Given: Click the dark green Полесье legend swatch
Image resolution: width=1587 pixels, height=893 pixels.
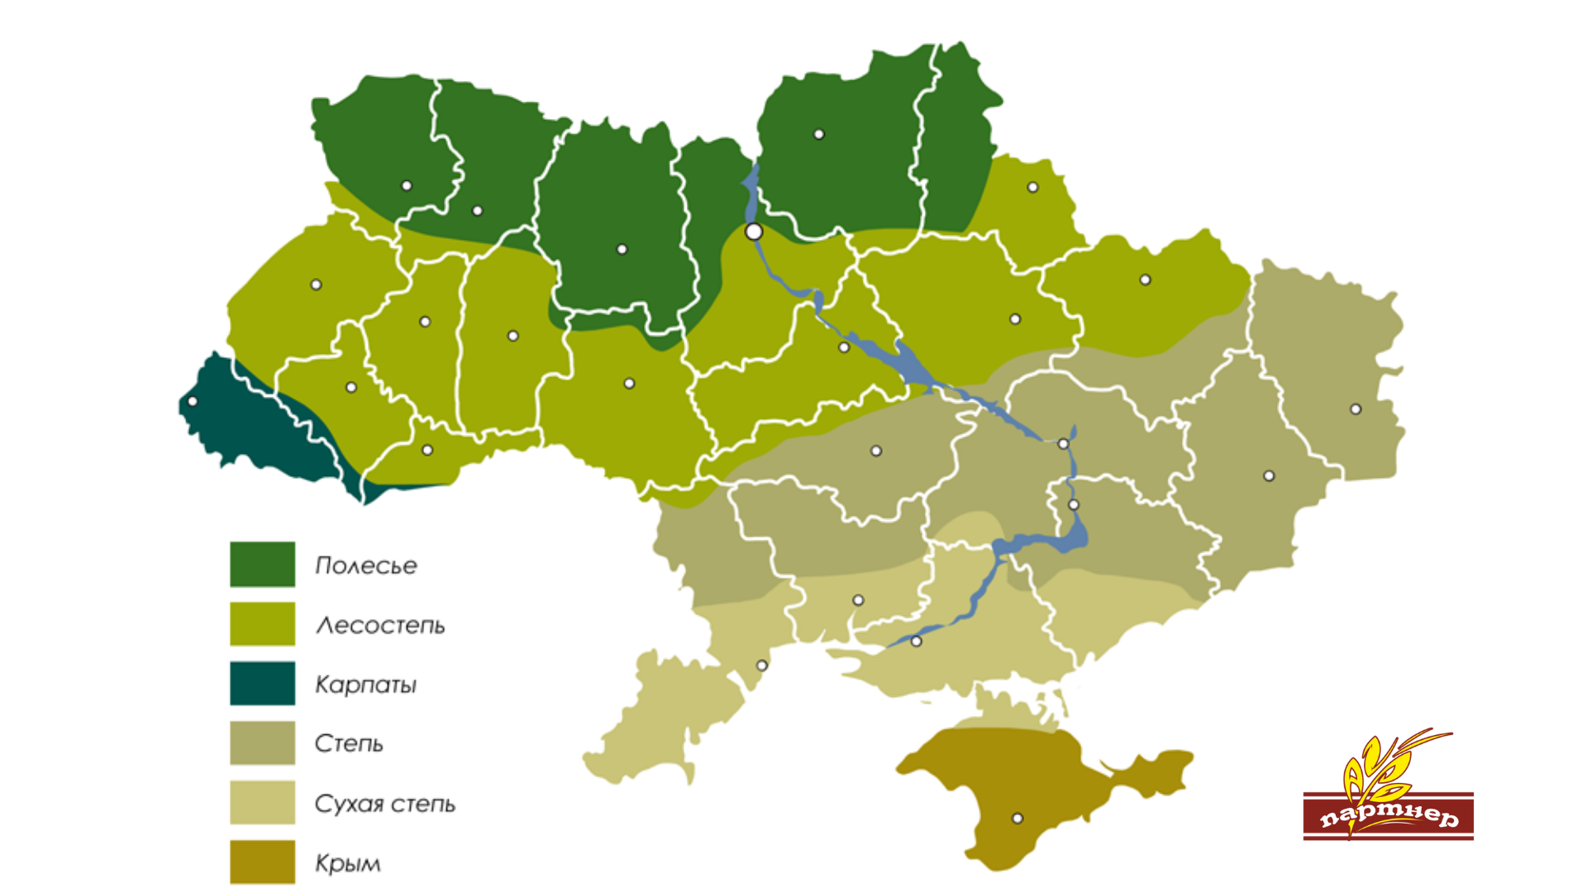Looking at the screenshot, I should click(262, 564).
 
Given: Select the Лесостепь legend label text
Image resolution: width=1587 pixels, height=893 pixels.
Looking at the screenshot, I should click(380, 625).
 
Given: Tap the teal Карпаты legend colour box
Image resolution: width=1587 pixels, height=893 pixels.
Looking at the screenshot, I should click(262, 683).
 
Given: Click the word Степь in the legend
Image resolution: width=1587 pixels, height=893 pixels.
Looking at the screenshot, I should click(349, 743).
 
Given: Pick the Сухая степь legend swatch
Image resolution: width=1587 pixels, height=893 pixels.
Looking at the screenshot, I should click(262, 802).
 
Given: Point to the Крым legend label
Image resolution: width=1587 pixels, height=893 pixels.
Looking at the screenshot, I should click(347, 863).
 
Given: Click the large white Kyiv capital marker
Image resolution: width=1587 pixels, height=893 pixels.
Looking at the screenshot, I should click(754, 232).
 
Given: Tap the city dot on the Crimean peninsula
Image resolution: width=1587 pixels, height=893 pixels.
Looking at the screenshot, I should click(1017, 819).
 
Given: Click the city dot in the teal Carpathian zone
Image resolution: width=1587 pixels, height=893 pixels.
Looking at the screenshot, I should click(193, 401).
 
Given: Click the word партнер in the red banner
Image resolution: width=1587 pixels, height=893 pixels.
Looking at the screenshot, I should click(1389, 816).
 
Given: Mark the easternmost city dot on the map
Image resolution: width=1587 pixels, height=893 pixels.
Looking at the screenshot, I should click(1356, 409).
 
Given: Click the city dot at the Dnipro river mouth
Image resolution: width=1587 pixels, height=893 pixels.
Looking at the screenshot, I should click(916, 641).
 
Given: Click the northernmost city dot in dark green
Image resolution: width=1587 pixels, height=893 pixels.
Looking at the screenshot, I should click(819, 134).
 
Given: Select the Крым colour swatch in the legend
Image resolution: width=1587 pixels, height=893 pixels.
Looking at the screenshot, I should click(262, 862).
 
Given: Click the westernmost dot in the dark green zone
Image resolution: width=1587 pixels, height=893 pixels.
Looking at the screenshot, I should click(407, 186).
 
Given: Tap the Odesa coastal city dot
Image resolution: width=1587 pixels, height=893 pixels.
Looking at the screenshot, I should click(762, 666).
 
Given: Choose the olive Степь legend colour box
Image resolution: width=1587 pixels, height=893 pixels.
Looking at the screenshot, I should click(262, 743).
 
